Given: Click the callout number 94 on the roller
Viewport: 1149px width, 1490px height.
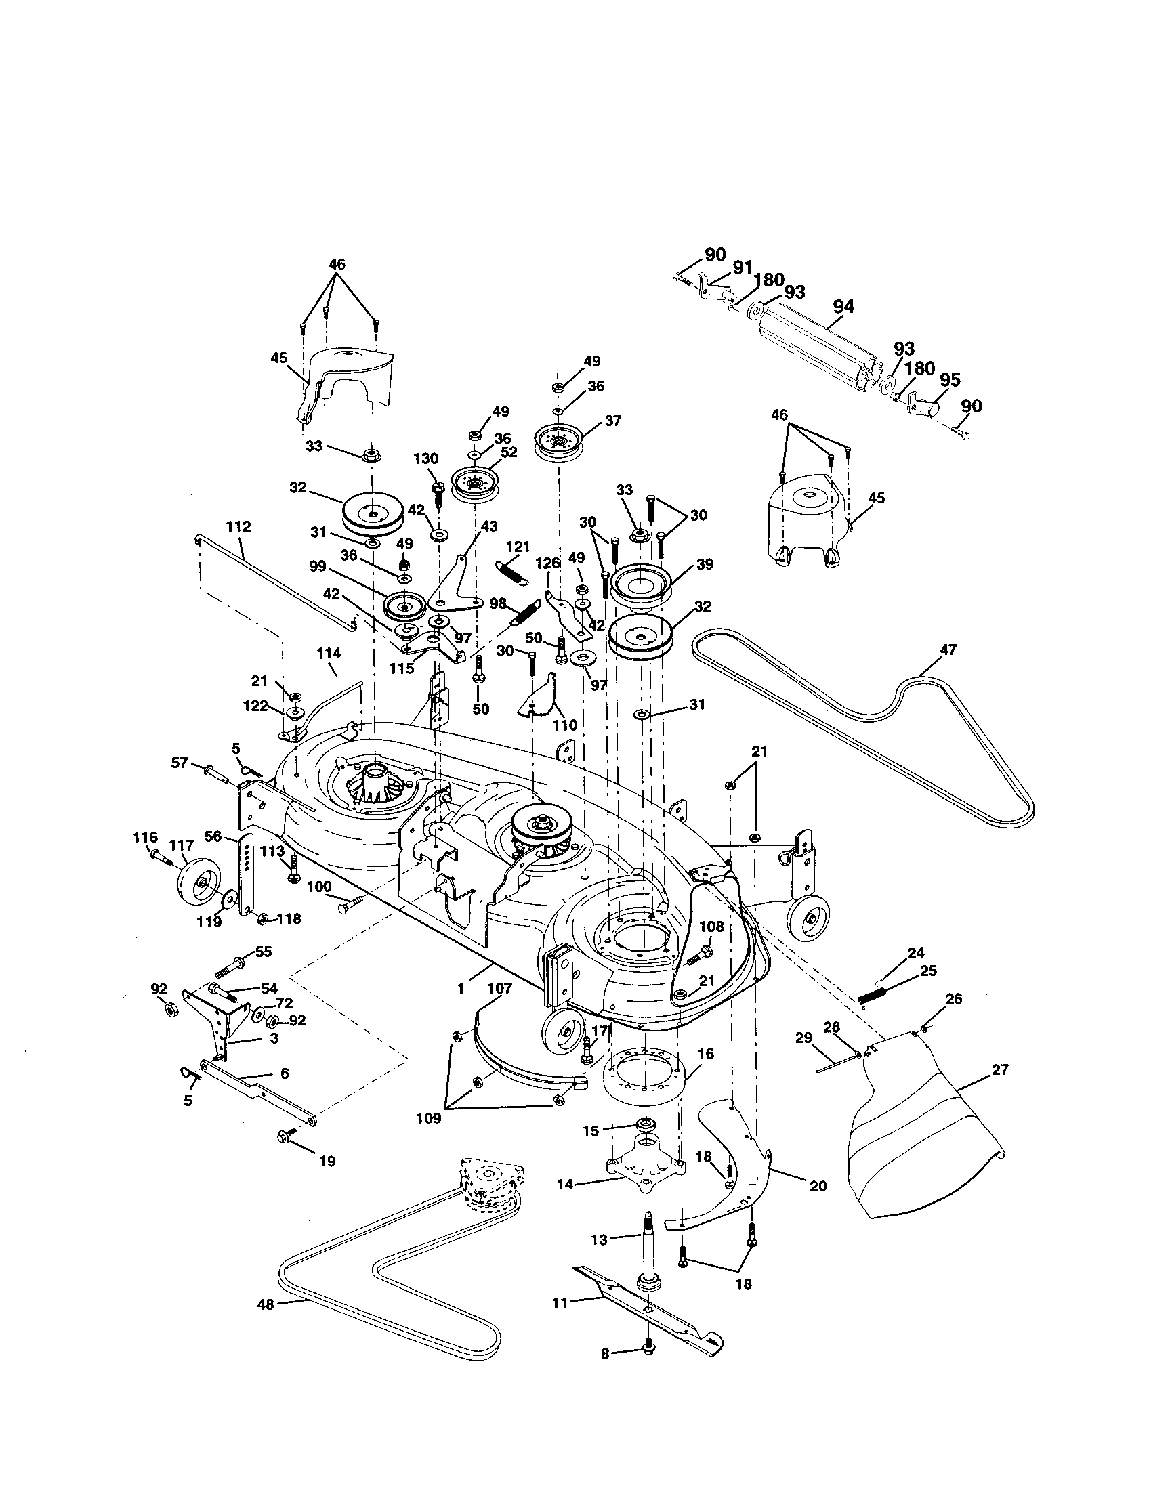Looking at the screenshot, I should [843, 307].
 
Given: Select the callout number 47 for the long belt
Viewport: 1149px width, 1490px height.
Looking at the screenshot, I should [948, 650].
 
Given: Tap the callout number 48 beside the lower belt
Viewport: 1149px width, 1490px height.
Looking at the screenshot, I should [266, 1304].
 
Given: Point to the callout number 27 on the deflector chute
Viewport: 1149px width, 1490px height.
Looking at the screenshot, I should [999, 1069].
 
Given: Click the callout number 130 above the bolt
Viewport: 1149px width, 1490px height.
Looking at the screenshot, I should [430, 459].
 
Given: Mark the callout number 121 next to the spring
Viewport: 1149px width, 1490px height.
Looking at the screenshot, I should [518, 547].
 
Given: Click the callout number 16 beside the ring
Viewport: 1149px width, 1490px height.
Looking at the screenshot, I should [705, 1054].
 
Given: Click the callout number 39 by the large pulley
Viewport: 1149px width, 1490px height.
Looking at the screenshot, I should [704, 564].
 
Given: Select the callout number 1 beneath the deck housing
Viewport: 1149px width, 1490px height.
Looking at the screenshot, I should [461, 987].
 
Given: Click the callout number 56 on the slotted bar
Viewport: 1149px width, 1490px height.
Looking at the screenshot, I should [213, 836].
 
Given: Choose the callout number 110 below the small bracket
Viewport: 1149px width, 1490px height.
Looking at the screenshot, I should [564, 725].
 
